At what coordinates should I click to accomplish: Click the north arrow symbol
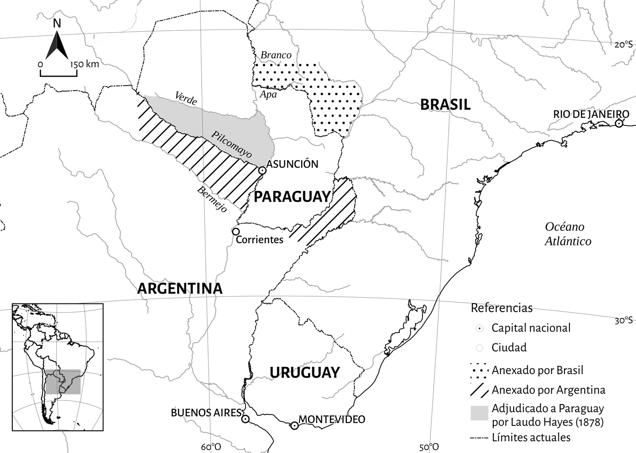click(57, 43)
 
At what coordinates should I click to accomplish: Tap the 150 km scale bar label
click(85, 64)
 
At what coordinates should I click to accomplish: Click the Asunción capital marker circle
click(262, 170)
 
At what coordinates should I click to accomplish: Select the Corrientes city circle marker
click(236, 231)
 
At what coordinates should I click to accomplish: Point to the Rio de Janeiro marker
click(619, 124)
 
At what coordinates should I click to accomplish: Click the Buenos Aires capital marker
click(245, 419)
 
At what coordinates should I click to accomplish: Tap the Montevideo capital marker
click(294, 425)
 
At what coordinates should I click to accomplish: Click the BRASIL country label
click(445, 105)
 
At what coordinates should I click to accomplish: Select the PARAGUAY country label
click(292, 197)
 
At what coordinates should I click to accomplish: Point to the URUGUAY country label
click(304, 372)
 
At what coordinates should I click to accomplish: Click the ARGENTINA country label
click(180, 289)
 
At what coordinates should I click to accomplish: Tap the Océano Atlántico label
click(568, 234)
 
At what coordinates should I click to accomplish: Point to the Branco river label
click(276, 55)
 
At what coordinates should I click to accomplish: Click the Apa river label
click(268, 95)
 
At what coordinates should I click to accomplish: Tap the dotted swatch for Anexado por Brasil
click(480, 370)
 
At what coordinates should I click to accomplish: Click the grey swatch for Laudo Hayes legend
click(480, 413)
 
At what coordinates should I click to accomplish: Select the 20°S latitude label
click(623, 44)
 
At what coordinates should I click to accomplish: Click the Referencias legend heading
click(501, 308)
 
